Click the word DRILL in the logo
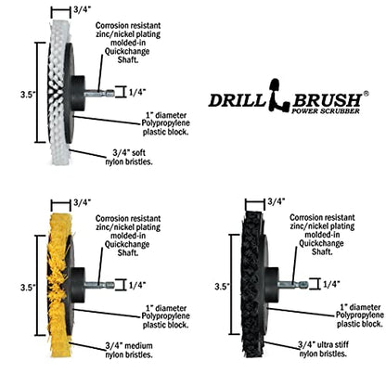[237, 100]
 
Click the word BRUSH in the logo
[327, 100]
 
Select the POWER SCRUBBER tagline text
[326, 110]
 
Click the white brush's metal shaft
[99, 93]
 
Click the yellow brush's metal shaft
[99, 285]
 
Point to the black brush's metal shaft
[293, 284]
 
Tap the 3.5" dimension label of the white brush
[28, 95]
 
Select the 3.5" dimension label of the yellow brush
[28, 288]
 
